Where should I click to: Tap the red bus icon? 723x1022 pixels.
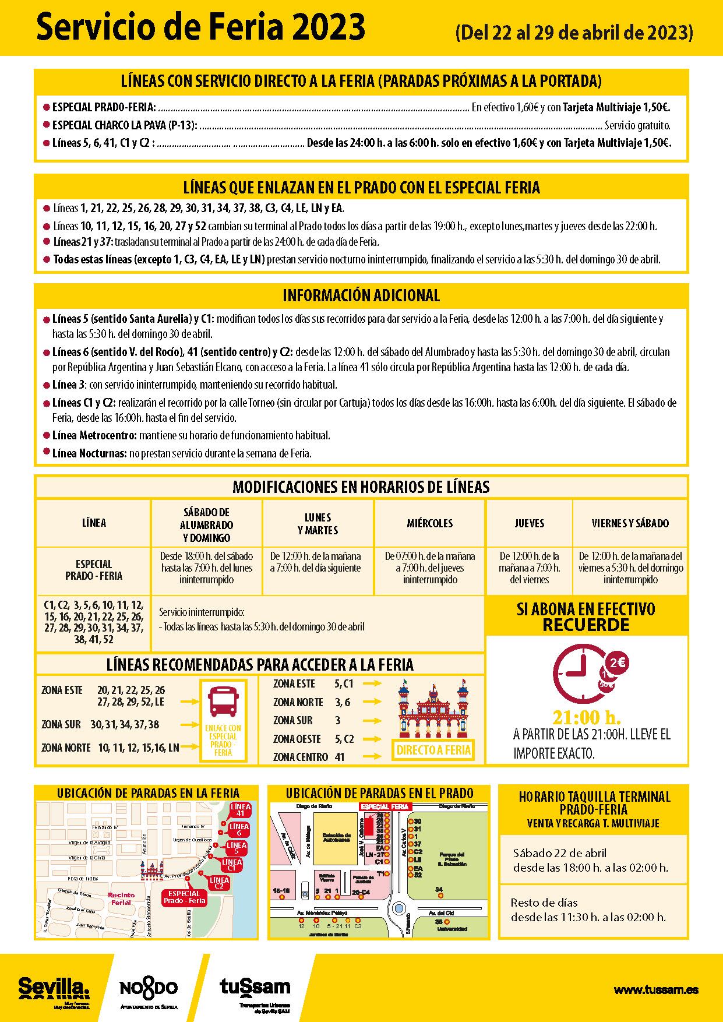coord(223,702)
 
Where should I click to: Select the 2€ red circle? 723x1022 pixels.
coord(616,662)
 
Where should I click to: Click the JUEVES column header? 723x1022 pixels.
coord(529,523)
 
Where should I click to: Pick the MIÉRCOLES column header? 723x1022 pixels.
coord(429,523)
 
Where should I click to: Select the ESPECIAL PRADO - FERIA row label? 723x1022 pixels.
coord(93,570)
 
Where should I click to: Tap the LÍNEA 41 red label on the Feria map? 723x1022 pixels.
coord(241,809)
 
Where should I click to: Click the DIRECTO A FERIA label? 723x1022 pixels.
coord(433,750)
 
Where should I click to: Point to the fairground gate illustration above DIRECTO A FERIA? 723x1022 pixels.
coord(433,708)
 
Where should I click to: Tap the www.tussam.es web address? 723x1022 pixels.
coord(656,989)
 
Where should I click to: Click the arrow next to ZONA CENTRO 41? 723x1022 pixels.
coord(372,757)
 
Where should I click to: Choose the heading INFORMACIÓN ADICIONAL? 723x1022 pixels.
coord(361,295)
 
